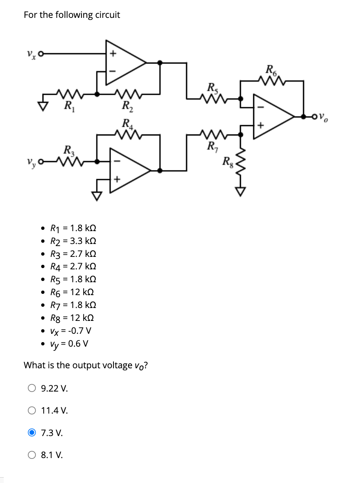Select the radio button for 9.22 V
[x=32, y=389]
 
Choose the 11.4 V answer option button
[x=32, y=411]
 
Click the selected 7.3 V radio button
[x=32, y=433]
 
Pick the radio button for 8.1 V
[x=32, y=455]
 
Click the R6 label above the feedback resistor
[x=271, y=69]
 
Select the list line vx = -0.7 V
[x=70, y=331]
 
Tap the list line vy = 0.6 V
[x=69, y=344]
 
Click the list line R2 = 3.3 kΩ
[x=73, y=241]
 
